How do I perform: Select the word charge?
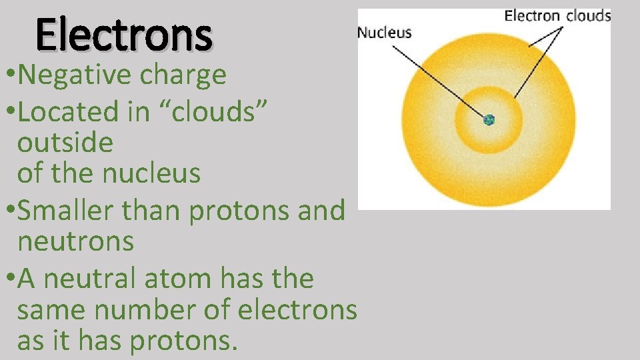coord(183,75)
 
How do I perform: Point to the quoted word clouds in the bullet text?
coord(220,111)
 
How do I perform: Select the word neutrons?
coord(76,241)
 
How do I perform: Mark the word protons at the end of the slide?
coord(183,341)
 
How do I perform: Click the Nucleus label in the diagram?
coord(385,32)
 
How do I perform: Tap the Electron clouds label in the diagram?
coord(557,15)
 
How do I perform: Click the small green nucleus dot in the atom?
coord(489,120)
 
